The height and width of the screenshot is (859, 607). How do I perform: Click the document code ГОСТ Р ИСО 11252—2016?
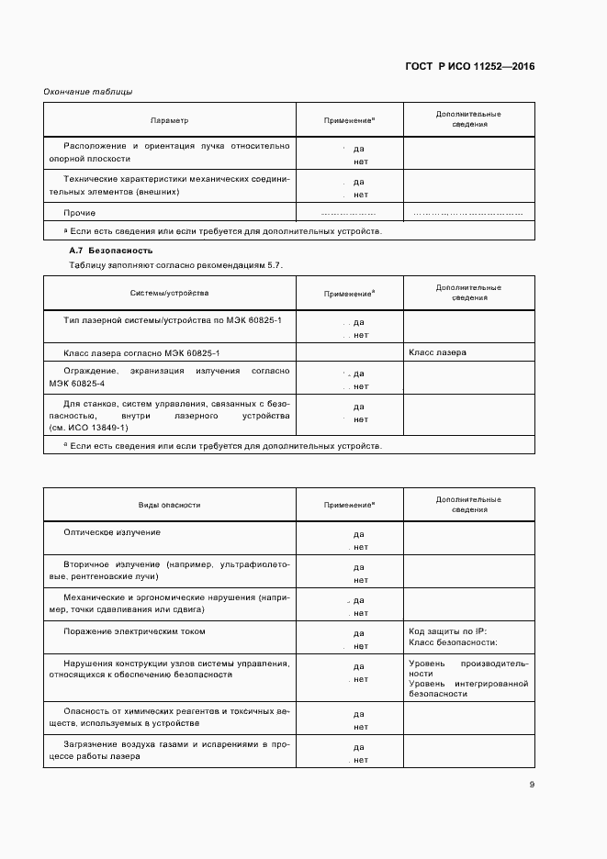tap(469, 66)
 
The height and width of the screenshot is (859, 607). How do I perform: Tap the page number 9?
tap(532, 784)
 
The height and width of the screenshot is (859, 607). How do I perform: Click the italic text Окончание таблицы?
tap(88, 91)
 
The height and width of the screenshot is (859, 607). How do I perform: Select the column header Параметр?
tap(169, 120)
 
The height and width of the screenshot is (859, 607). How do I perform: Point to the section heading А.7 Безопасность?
tap(111, 251)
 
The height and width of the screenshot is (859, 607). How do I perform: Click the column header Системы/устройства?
tap(169, 293)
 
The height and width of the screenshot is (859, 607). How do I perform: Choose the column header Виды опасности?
tap(169, 505)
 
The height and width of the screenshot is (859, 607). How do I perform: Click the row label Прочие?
tap(80, 212)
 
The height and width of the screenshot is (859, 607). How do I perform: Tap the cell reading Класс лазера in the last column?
tap(437, 352)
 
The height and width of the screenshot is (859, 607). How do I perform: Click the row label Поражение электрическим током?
tap(134, 631)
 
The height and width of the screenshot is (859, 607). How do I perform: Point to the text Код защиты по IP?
tap(447, 631)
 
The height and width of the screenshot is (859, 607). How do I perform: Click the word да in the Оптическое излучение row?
tap(359, 534)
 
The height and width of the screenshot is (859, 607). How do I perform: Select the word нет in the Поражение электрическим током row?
tap(360, 646)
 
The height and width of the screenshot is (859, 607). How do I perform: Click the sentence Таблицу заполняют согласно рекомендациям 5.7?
tap(176, 265)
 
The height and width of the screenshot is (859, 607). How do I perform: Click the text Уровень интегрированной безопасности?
tap(468, 688)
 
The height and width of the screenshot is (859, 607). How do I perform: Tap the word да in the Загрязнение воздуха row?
tap(359, 747)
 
